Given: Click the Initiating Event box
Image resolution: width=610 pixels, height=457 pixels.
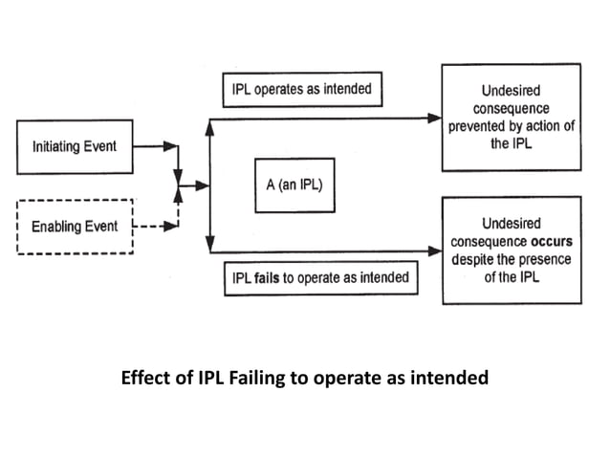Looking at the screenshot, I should click(75, 146).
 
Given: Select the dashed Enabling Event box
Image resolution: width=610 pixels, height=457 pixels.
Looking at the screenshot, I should click(75, 227).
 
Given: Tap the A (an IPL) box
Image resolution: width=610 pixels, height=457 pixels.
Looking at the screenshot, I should click(294, 185).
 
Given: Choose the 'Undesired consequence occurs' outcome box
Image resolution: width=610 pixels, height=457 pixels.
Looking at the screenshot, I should click(511, 250).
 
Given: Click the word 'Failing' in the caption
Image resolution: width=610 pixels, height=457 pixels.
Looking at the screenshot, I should click(246, 377).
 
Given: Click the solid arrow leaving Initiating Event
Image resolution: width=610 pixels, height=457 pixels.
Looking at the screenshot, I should click(153, 147).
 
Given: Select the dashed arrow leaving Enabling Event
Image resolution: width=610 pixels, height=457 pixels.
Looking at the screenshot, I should click(153, 228).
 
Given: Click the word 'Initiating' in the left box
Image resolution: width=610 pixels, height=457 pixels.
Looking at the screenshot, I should click(58, 146).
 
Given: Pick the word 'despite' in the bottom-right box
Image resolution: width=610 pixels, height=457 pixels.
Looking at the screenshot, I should click(471, 258).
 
